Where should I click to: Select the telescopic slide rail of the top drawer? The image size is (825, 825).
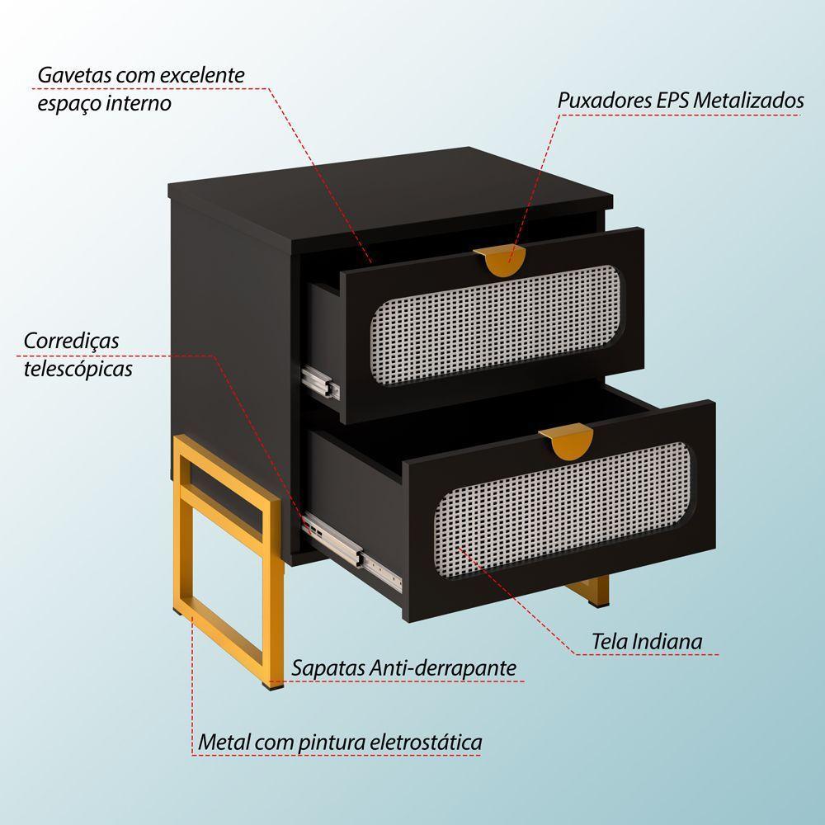322,381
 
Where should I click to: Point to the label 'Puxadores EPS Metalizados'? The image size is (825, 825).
680,101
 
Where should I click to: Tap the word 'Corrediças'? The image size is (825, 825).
72,340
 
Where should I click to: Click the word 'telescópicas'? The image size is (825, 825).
78,368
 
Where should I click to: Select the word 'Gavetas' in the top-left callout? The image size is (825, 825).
73,75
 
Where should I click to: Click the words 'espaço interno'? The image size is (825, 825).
104,103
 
